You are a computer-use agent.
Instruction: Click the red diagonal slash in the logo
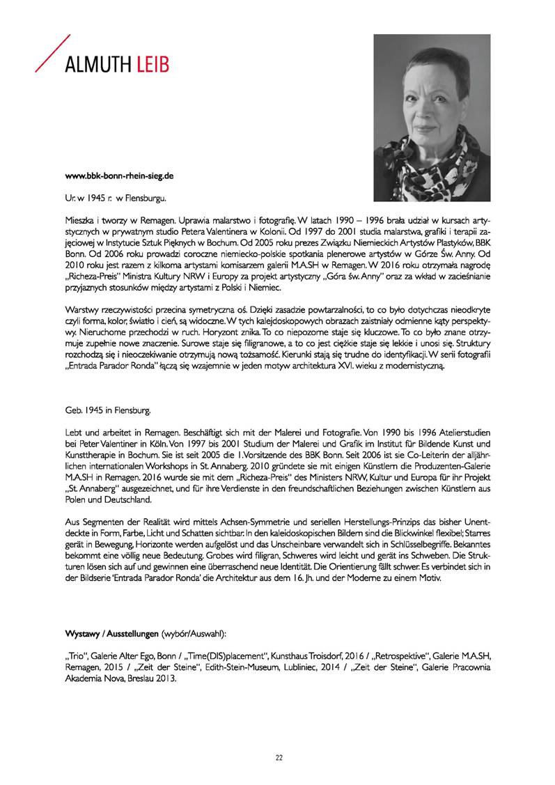52,52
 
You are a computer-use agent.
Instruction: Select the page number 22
278,757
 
